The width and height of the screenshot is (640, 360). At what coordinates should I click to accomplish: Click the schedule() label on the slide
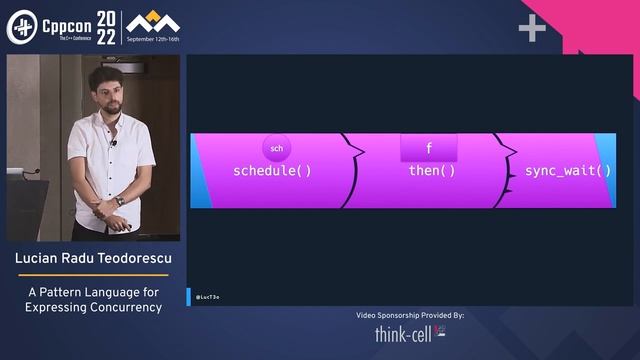click(x=272, y=171)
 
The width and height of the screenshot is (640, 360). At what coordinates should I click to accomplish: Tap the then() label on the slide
click(x=432, y=171)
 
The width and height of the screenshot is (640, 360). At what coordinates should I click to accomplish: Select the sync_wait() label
click(x=567, y=171)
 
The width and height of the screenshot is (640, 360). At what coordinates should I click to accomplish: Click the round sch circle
click(x=277, y=148)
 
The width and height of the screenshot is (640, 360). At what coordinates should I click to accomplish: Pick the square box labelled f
click(x=429, y=148)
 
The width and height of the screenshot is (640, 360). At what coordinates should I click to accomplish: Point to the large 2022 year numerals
click(x=104, y=27)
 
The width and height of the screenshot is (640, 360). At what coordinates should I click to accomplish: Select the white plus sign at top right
click(x=532, y=29)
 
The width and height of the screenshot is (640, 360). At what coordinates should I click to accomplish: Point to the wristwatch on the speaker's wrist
click(x=121, y=201)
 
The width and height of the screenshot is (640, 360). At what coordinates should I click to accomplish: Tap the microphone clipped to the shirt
click(x=114, y=144)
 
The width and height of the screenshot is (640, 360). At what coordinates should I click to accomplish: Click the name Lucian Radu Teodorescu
click(x=93, y=261)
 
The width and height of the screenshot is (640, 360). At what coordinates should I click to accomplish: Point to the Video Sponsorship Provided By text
click(x=410, y=315)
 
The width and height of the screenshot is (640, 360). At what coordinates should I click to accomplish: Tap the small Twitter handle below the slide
click(x=208, y=297)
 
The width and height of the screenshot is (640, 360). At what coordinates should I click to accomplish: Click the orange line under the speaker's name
click(x=93, y=275)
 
